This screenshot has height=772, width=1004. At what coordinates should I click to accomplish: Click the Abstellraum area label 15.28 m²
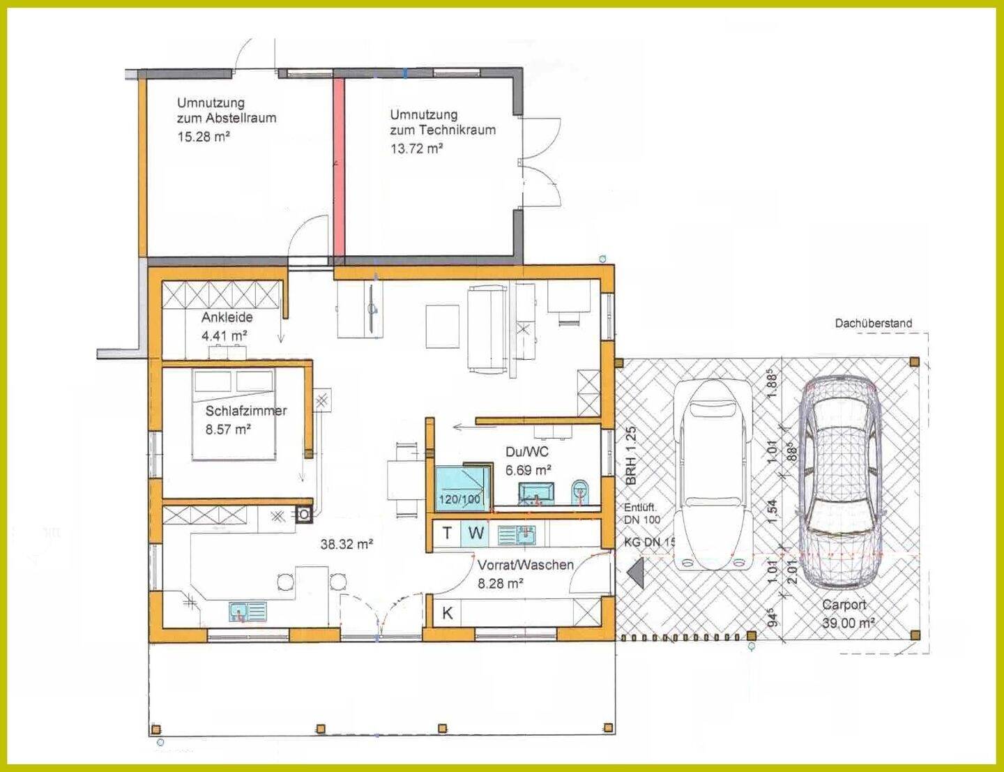204,137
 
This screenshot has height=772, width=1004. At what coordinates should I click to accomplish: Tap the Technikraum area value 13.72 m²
417,149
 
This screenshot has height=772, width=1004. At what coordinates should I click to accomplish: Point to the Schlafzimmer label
246,411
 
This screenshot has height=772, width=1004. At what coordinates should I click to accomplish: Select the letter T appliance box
447,533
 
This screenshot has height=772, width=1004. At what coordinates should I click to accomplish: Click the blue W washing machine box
476,533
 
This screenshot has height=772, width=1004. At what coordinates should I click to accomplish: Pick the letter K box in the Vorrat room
447,613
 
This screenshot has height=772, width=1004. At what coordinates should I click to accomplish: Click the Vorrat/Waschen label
525,565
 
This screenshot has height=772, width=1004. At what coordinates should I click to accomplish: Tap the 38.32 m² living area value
347,544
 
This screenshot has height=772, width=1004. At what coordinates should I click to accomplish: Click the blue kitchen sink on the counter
248,612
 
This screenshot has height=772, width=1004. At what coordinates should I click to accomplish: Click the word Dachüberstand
873,324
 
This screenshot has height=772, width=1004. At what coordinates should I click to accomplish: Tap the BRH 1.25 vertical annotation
631,455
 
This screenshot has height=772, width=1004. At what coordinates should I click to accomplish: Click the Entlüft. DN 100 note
642,513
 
